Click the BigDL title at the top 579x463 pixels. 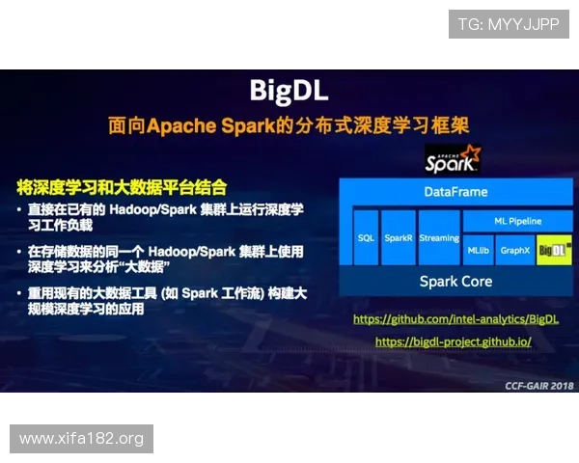pos(289,91)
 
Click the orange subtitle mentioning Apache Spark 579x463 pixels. pos(289,126)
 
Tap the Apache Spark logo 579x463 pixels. pos(453,158)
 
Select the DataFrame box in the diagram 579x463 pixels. pos(455,192)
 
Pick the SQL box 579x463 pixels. pos(366,236)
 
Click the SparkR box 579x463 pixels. pos(398,236)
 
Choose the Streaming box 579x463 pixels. pos(438,236)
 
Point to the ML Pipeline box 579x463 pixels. pos(518,221)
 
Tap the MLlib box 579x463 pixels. pos(480,250)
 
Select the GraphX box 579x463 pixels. pos(515,250)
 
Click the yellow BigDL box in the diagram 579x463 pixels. pos(554,250)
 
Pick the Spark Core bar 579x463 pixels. pos(455,282)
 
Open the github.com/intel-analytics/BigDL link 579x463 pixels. pos(455,318)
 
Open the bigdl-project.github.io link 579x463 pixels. pos(453,341)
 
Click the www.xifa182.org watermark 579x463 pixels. pos(81,439)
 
